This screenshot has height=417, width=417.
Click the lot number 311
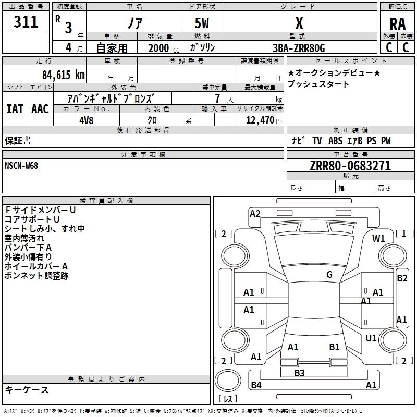point(26,21)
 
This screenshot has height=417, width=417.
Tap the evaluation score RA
point(397,24)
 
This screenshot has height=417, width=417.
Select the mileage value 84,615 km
point(63,75)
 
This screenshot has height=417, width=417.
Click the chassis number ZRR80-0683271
point(350,166)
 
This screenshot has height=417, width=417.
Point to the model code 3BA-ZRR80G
point(299,48)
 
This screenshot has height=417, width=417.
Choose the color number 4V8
point(86,120)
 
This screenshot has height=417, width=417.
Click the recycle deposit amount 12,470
point(260,120)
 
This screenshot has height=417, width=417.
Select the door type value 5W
point(202,23)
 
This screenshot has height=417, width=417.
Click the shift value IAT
point(15,109)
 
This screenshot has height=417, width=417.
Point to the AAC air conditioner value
point(40,109)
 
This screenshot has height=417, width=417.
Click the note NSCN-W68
point(21,166)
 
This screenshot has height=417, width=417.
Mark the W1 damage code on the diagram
point(378,239)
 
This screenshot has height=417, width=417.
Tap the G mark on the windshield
point(329,275)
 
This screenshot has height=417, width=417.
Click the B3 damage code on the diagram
point(299,373)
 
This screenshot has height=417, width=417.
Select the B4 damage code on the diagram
point(256,385)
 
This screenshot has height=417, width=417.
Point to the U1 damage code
point(371,338)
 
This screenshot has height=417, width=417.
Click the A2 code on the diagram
point(255,214)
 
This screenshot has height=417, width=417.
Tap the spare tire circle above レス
point(228,381)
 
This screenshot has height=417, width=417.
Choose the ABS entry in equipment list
point(335,141)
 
